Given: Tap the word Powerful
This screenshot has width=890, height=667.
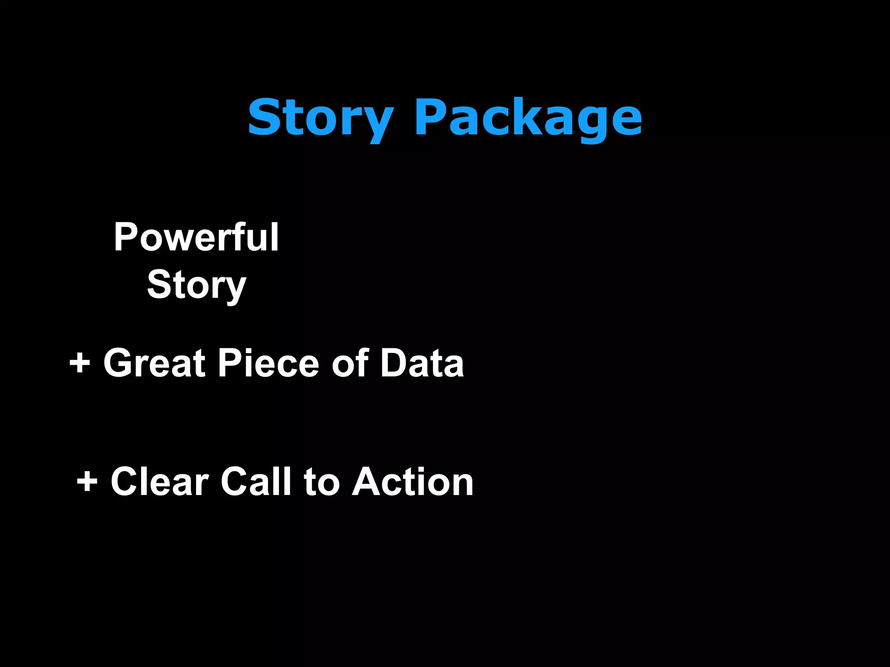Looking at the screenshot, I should click(x=196, y=237).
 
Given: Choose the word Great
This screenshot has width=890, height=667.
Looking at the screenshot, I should click(x=154, y=363).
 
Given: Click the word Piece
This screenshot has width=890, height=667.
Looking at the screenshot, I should click(x=269, y=363).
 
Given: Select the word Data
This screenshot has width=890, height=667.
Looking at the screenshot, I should click(x=422, y=363).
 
